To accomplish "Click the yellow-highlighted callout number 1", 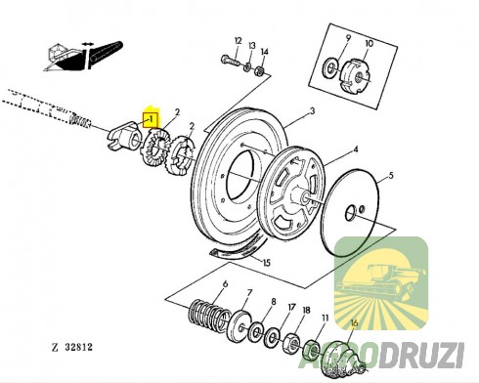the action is point(151,119).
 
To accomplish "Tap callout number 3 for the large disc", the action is point(313,111).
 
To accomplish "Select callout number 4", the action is point(356,149).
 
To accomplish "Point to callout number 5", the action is point(391,176).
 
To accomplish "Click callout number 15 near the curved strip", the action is point(267,263).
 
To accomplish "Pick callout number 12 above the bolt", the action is point(239,41).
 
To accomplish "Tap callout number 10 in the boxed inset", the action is point(370,43).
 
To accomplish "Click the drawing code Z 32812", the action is point(72,347).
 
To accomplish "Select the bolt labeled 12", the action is point(230,61).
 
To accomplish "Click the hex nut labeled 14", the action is point(259,70).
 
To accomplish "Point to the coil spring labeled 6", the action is point(207,315).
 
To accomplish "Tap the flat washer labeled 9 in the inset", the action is point(330,68).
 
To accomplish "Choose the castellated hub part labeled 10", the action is point(355,77).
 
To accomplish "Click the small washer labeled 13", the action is point(247,67).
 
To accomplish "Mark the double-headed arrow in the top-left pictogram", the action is point(87,44).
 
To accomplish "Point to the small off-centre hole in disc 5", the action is point(362,209).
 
